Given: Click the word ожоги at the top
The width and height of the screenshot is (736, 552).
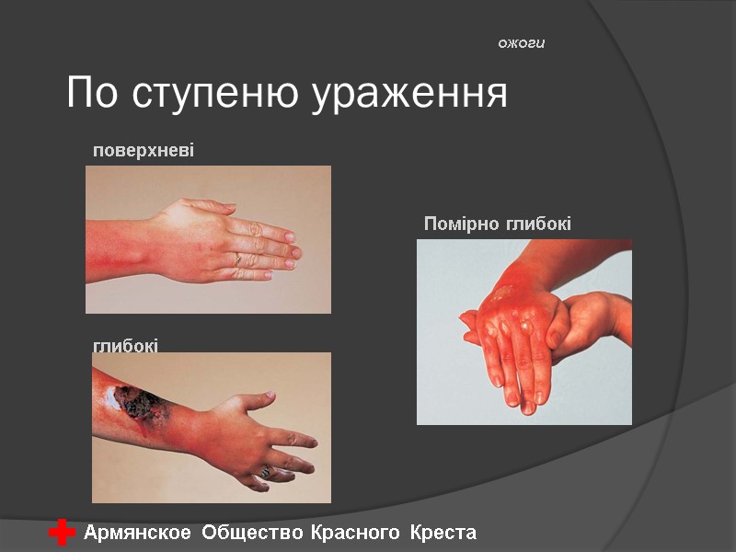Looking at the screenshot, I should click(x=522, y=43).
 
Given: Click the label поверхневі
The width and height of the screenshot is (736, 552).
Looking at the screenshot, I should click(x=143, y=150).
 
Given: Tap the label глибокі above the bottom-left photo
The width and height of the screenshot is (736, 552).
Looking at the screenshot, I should click(x=125, y=346).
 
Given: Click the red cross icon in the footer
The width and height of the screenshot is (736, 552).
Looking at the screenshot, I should click(x=62, y=533).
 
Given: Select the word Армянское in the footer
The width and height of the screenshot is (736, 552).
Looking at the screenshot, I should click(x=138, y=533).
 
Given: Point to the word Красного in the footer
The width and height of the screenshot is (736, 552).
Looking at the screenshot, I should click(x=355, y=533).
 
